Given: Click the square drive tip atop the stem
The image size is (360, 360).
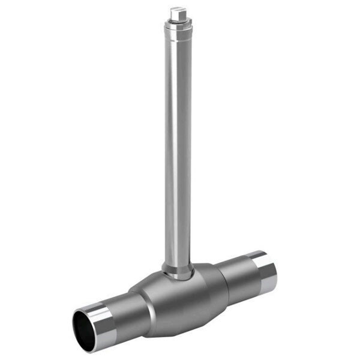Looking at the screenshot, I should click(175, 11).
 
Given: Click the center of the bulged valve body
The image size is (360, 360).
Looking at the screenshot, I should click(180, 300).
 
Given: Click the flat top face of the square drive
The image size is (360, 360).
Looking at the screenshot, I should click(175, 8).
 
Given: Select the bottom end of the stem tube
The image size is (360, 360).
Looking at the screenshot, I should click(178, 264).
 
